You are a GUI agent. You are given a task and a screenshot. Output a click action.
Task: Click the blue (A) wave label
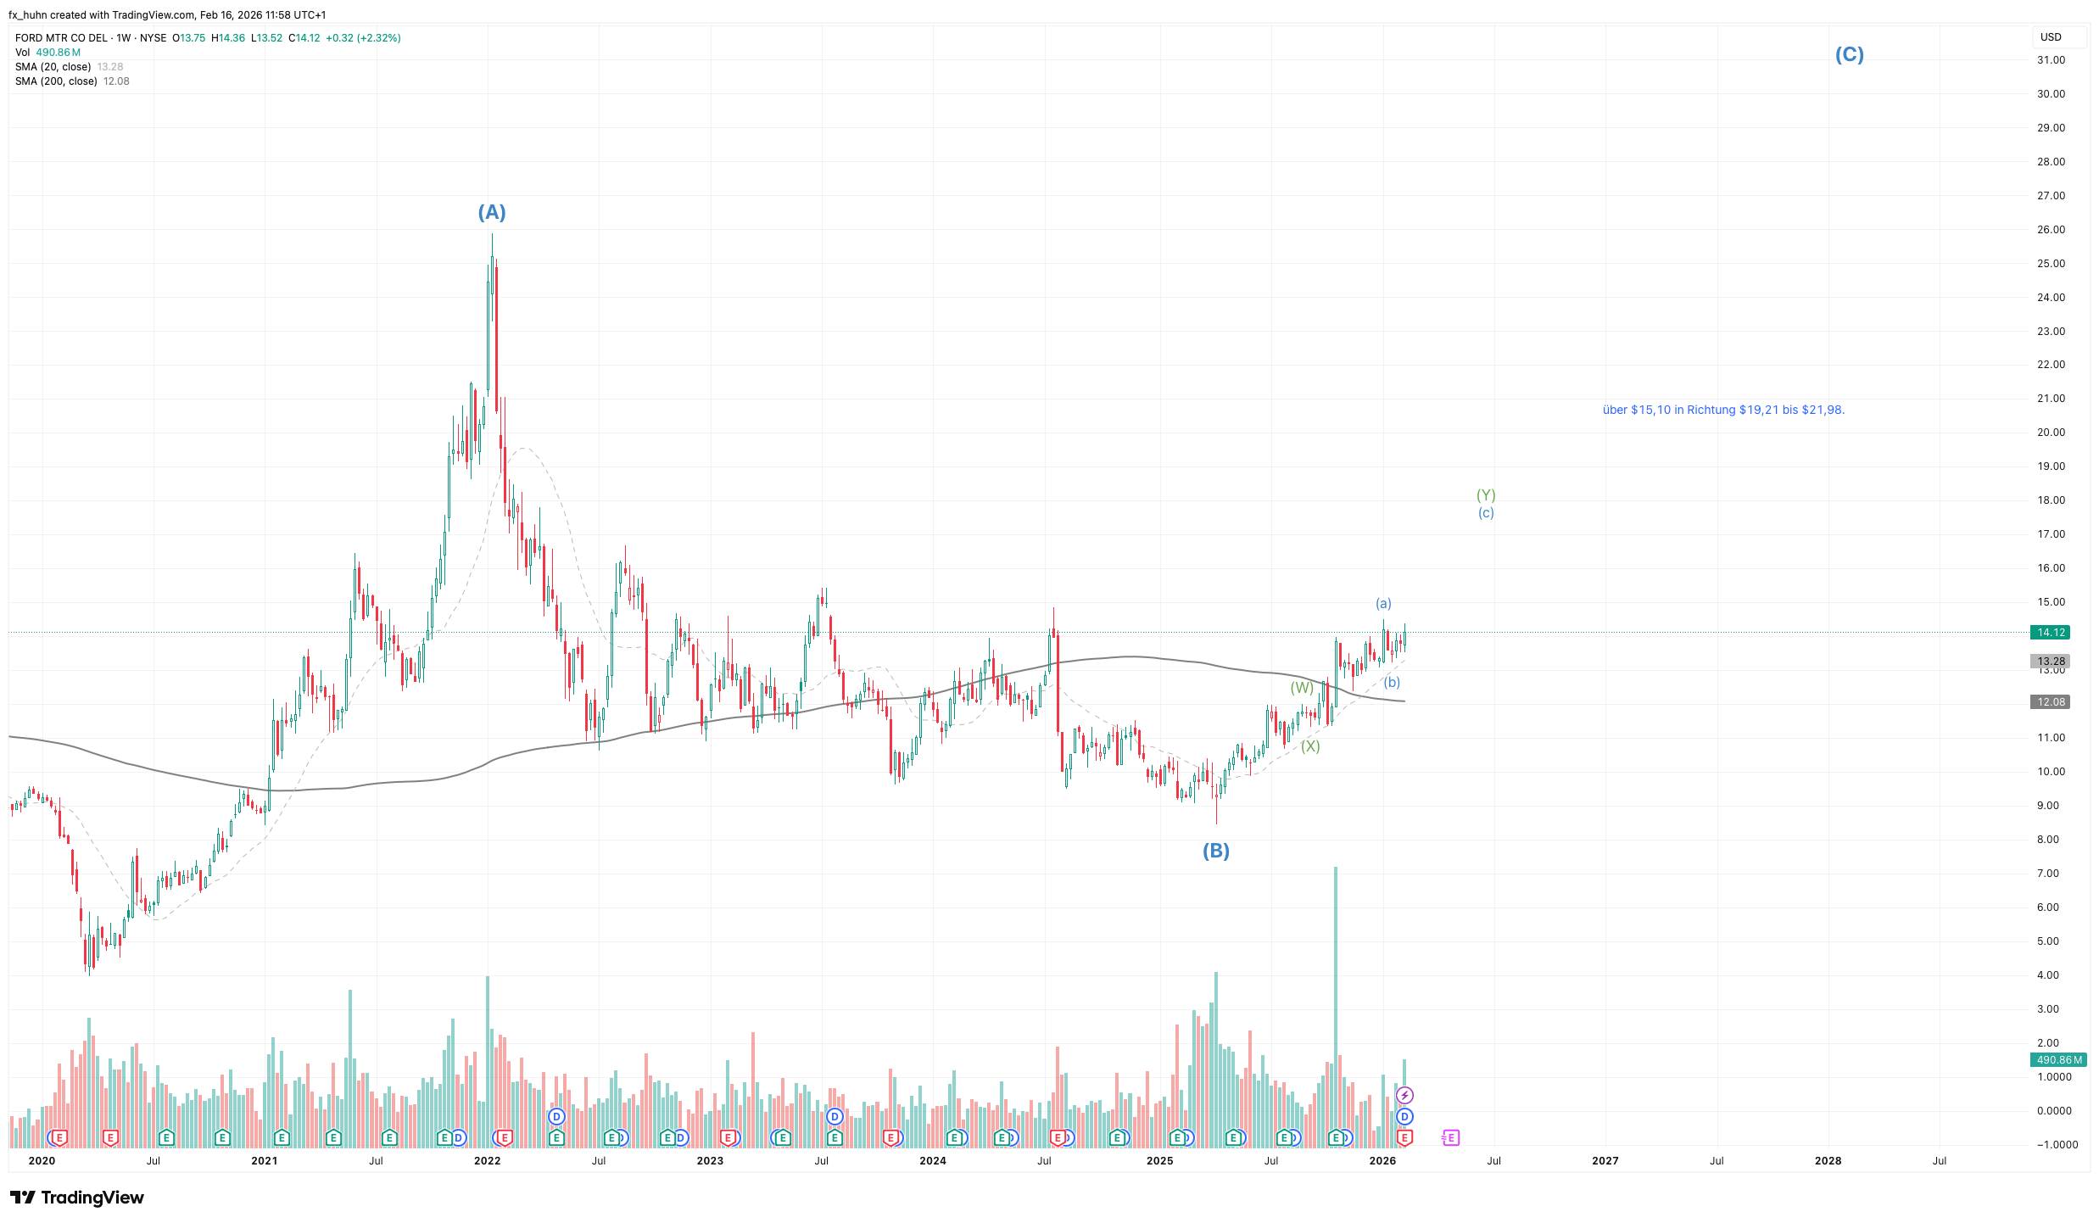pos(492,212)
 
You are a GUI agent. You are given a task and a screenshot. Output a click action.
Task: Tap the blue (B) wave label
pos(1215,851)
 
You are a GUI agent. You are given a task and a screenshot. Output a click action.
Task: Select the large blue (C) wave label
pos(1849,54)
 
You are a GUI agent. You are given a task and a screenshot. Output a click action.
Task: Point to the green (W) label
pos(1302,688)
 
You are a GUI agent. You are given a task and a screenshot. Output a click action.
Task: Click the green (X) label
pos(1310,746)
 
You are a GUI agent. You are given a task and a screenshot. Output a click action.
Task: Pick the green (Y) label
pos(1486,495)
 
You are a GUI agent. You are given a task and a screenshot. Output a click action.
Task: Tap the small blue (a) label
pos(1383,603)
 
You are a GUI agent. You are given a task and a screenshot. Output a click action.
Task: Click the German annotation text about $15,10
pos(1723,410)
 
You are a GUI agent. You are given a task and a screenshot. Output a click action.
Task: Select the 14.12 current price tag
pos(2051,633)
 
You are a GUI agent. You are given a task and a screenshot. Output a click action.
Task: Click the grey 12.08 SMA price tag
pos(2051,702)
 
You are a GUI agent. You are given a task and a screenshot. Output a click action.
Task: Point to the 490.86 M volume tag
pos(2057,1060)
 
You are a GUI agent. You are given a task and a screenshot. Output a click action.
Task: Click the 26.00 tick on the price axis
pos(2051,230)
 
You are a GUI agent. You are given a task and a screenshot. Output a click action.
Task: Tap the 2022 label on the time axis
pos(487,1161)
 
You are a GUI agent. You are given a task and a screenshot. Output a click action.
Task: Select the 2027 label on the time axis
pos(1605,1161)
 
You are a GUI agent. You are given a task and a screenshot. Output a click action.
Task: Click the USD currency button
pos(2051,37)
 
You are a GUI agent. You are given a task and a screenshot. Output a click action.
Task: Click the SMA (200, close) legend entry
pos(56,81)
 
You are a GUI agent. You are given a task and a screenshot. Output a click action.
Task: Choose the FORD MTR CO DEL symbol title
pos(61,38)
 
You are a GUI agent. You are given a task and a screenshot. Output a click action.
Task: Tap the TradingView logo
pos(77,1198)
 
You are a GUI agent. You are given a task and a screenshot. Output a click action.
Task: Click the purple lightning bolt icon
pos(1404,1096)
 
